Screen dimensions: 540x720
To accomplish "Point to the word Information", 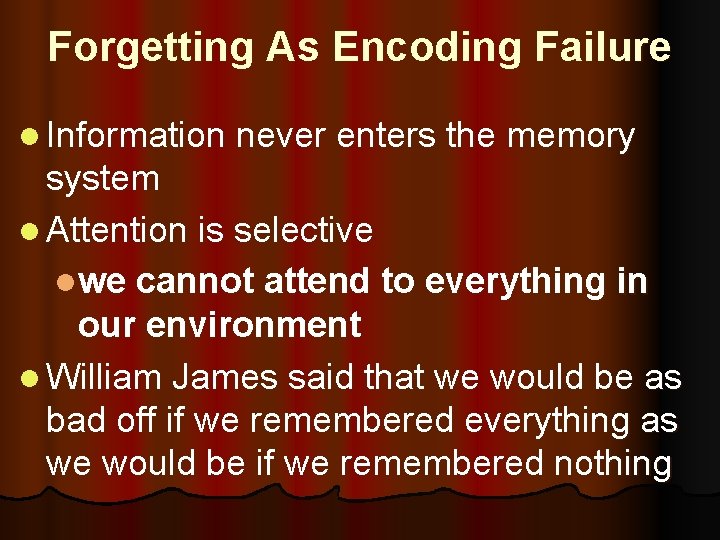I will pyautogui.click(x=136, y=136).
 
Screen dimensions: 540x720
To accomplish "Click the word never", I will pyautogui.click(x=282, y=136).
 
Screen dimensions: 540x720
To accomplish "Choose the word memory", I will pyautogui.click(x=571, y=136).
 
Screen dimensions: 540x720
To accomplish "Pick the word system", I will pyautogui.click(x=103, y=179).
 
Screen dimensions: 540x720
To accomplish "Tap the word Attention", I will pyautogui.click(x=117, y=230).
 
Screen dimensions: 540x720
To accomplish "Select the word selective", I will pyautogui.click(x=303, y=230).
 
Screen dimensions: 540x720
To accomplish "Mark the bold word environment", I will pyautogui.click(x=219, y=324).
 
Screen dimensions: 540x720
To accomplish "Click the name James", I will pyautogui.click(x=226, y=378).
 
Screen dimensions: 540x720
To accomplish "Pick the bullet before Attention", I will pyautogui.click(x=28, y=232).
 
